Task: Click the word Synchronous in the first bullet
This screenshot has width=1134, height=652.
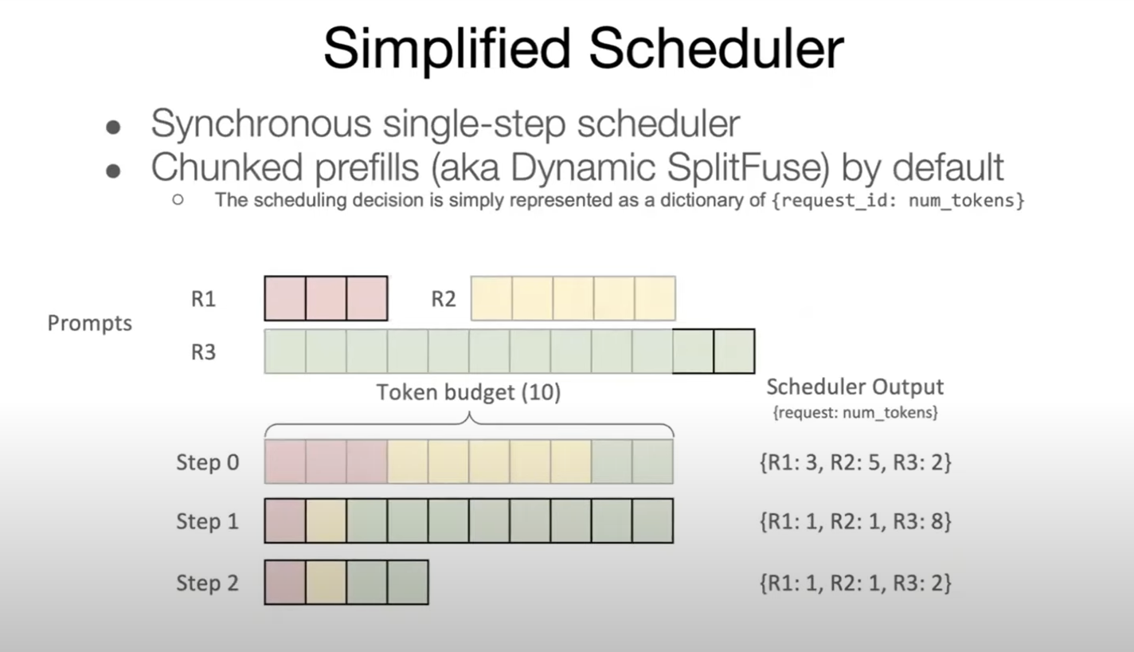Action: (261, 124)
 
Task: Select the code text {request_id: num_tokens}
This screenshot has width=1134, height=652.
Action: (897, 200)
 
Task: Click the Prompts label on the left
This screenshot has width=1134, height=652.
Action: (89, 324)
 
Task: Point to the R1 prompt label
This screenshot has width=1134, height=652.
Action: (203, 299)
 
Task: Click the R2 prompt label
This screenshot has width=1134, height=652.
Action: (444, 299)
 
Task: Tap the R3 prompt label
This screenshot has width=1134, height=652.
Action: (203, 352)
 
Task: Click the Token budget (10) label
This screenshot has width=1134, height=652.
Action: (468, 393)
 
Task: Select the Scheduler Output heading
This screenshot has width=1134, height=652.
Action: (854, 387)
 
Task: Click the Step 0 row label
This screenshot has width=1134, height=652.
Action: (207, 462)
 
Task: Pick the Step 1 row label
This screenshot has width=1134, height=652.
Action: (207, 521)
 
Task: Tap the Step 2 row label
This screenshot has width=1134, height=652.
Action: (207, 583)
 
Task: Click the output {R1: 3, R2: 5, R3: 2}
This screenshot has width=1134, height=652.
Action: (855, 462)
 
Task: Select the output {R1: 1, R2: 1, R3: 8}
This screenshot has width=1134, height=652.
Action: (855, 521)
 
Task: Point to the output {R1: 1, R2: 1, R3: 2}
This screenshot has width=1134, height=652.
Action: (855, 583)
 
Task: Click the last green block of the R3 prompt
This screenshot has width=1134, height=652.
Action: (733, 352)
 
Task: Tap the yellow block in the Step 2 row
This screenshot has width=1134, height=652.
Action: (326, 582)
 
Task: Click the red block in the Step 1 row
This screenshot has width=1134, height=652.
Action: (284, 520)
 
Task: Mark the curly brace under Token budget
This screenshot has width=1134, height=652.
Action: (468, 422)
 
